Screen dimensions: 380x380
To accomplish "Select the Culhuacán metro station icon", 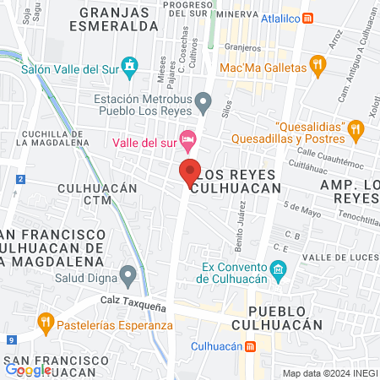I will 251,346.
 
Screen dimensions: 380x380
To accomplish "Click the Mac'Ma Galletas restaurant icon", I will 318,65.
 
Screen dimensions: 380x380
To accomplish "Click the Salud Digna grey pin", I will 128,274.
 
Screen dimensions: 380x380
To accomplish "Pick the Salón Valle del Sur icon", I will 128,65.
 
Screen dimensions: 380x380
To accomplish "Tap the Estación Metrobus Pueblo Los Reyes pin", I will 203,103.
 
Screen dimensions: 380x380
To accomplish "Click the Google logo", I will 28,369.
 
